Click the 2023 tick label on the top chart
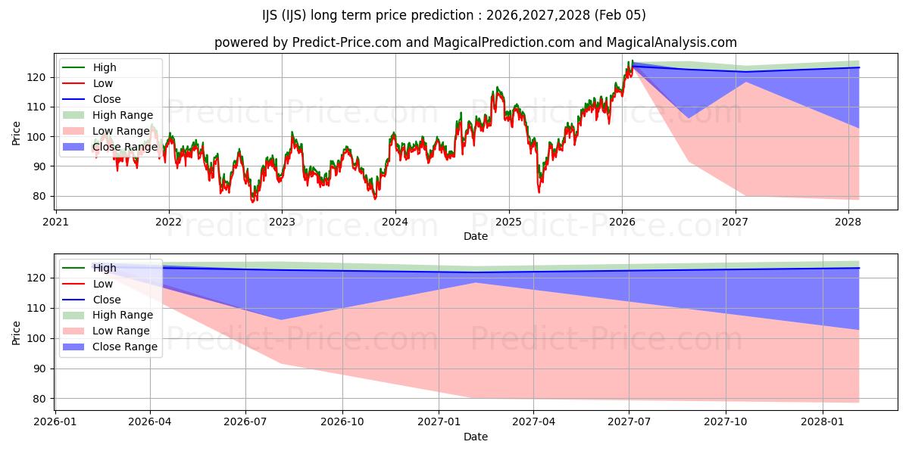[x=282, y=222]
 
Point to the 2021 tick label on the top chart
[x=55, y=222]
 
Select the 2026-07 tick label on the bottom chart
[x=246, y=421]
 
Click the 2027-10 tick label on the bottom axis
[x=726, y=421]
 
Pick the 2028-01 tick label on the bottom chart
[x=822, y=421]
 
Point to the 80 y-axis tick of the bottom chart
[x=39, y=399]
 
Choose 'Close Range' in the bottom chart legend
[x=125, y=347]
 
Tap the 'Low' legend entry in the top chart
[x=102, y=83]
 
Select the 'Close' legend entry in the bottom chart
[x=107, y=300]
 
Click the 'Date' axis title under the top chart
[x=476, y=237]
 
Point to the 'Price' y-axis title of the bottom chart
[x=17, y=331]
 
